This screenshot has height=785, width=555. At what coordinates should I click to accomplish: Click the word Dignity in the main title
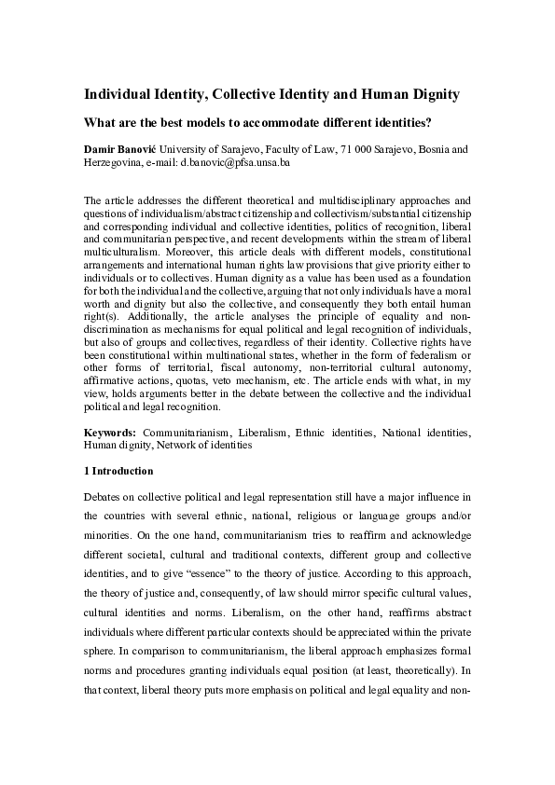pyautogui.click(x=431, y=94)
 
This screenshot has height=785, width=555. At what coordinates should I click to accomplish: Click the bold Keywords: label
pyautogui.click(x=110, y=433)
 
